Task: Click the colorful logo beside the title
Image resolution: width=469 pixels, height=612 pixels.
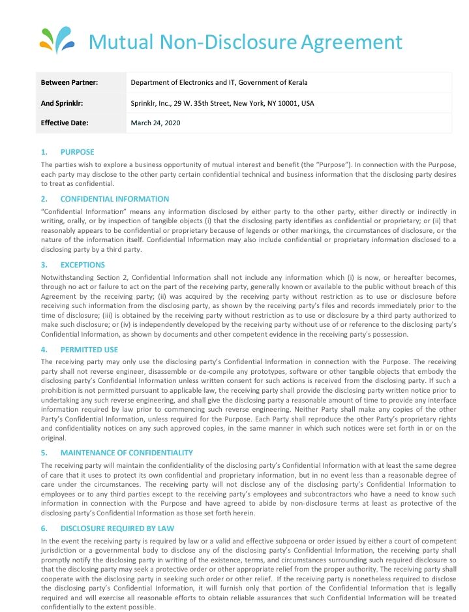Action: pos(58,40)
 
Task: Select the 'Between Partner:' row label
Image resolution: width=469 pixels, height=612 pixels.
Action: pos(69,82)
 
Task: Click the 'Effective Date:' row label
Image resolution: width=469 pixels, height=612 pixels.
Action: pos(65,123)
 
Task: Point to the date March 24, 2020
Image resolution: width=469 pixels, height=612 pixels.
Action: pos(155,123)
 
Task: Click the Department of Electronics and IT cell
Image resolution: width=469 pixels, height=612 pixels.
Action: pos(219,82)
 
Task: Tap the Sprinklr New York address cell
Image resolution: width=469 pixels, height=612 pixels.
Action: pos(222,102)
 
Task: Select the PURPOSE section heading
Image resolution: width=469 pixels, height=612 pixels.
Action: pos(77,152)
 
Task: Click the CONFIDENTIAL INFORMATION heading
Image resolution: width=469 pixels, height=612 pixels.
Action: pos(114,199)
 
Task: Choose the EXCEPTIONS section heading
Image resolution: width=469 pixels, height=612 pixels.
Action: pos(82,265)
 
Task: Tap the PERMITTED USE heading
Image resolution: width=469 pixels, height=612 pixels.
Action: pos(89,350)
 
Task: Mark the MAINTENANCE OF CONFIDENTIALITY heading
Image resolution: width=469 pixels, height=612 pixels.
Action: pos(127,453)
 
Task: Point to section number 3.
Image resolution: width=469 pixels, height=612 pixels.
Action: pos(44,265)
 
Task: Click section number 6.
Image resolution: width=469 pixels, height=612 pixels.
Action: pos(44,528)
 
